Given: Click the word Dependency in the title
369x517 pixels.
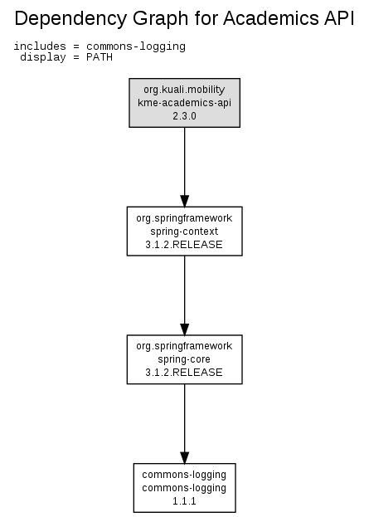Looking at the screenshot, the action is point(70,19).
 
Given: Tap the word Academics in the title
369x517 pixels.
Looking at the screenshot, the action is point(271,18).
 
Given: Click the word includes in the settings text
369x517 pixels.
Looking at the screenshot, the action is point(40,46).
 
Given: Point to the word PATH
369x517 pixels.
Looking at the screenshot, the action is point(100,57).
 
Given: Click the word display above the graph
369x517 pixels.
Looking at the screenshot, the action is point(43,57).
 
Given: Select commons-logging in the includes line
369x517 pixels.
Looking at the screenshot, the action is point(136,46).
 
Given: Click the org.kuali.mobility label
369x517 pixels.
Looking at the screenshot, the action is point(184,90).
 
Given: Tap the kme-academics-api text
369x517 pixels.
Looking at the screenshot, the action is point(184,103).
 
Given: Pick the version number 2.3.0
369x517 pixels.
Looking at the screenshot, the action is point(184,116).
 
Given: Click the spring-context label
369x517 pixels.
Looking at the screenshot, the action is point(184,232).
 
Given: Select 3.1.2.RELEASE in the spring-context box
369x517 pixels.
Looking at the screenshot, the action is point(184,245).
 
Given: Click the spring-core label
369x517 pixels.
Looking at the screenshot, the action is point(184,359).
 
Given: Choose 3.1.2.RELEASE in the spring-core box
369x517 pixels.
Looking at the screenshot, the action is point(184,373).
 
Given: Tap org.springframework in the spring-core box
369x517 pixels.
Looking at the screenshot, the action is point(184,346).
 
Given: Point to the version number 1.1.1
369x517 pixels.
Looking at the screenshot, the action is point(184,501).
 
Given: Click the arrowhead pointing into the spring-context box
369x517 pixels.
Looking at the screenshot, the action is point(184,201).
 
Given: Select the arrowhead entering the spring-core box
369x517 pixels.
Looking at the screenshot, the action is point(184,329).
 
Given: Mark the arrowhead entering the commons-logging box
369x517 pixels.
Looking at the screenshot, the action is point(184,457).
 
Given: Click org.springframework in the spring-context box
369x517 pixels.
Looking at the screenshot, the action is point(184,218).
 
